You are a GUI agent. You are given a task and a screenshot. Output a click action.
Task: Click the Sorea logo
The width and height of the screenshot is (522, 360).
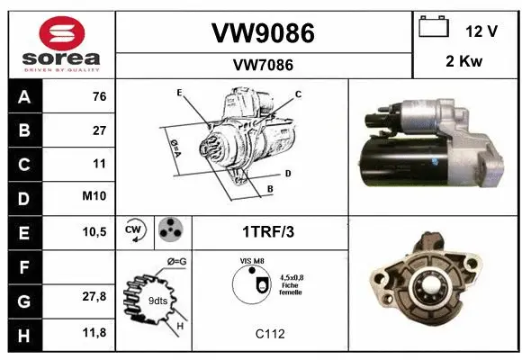coord(59,41)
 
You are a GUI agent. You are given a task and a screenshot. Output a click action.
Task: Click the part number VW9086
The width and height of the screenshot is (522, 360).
coord(262,33)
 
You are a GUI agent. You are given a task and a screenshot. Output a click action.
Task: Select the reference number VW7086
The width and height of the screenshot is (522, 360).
coord(262,65)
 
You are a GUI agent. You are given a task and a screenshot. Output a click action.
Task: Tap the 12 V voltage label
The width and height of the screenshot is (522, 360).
coord(481,31)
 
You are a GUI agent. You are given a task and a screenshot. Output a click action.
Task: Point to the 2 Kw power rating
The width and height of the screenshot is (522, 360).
coord(463,64)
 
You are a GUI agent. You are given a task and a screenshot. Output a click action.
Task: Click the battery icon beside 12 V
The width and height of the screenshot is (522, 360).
coord(434,28)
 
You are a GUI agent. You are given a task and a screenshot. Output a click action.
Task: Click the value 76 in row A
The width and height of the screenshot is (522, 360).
coord(99,96)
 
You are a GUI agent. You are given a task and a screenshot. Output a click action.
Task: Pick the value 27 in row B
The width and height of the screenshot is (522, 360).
coord(99,130)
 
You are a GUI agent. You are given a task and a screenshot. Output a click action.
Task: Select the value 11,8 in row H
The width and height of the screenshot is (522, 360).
coord(94,332)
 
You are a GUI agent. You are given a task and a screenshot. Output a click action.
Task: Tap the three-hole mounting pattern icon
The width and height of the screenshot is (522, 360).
coord(168,230)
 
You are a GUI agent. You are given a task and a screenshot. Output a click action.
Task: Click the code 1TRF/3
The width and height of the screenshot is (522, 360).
coord(267,231)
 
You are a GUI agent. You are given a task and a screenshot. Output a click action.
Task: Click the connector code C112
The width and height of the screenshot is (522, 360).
coord(270,334)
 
